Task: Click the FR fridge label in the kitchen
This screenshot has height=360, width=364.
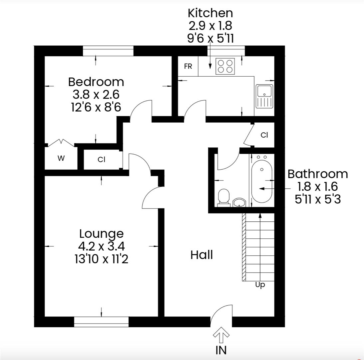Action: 188,66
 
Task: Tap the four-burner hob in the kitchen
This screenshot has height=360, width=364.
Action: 225,66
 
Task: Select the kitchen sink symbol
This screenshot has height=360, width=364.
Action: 264,96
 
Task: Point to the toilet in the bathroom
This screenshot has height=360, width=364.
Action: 223,197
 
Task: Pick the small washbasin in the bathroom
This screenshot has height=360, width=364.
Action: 239,202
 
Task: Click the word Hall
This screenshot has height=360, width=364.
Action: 201,255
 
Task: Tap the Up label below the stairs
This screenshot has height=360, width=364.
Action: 260,285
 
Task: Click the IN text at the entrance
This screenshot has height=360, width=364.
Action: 221,350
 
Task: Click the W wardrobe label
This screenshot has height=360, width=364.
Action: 61,159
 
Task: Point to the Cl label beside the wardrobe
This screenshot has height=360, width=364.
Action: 101,160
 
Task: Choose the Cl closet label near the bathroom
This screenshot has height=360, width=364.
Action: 264,135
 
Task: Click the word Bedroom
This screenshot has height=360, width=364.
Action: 96,82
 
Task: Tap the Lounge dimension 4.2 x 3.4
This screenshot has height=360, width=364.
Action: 101,246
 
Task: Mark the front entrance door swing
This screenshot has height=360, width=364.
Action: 221,315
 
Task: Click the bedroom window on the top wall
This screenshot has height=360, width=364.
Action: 108,51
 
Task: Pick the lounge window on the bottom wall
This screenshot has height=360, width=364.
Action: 101,322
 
